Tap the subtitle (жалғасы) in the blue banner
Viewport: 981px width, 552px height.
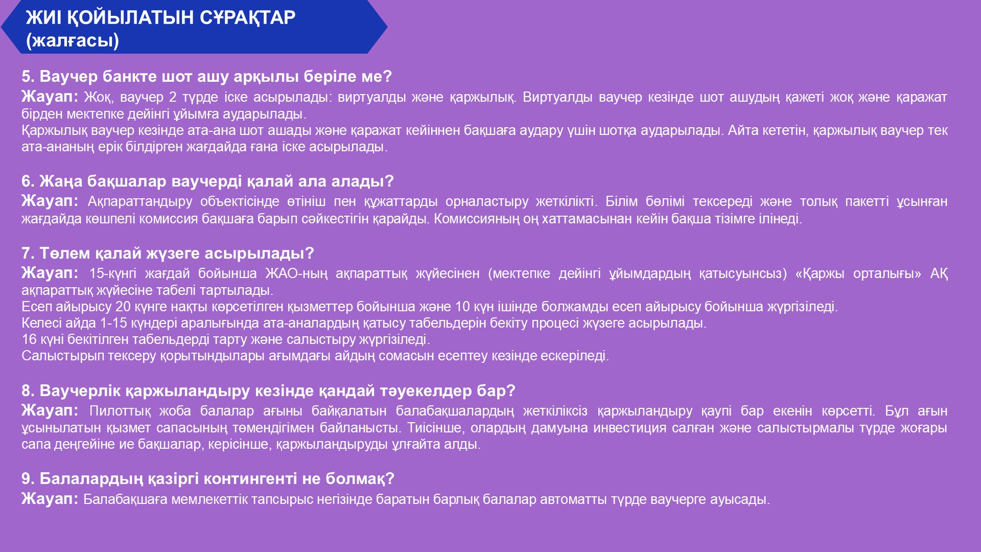73,40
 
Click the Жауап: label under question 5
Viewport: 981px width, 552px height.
50,97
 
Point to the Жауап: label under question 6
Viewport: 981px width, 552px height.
50,201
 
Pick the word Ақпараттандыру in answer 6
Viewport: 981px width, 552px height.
140,201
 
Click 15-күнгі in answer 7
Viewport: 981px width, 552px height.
113,273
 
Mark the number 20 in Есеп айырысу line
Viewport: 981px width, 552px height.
123,307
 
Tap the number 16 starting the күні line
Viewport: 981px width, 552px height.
29,339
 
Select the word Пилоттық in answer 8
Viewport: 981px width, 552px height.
120,411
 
